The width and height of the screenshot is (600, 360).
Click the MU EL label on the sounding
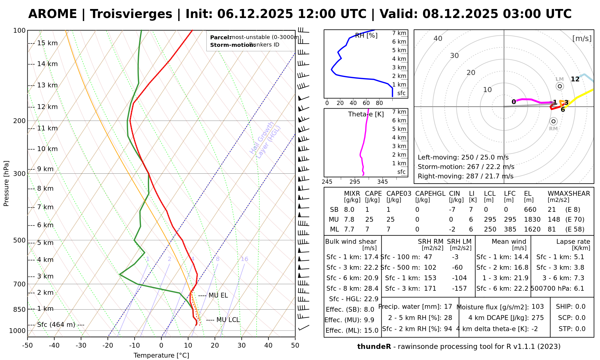(218, 295)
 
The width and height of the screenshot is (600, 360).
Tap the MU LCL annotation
(228, 320)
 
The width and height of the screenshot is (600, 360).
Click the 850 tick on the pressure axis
(19, 309)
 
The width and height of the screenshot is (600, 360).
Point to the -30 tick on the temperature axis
(81, 346)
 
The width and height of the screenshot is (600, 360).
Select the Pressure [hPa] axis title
(6, 183)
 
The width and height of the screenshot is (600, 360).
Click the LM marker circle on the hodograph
(559, 86)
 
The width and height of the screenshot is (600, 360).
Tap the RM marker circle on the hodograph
(553, 121)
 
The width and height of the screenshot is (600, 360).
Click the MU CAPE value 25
(369, 220)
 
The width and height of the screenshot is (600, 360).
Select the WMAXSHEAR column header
(569, 193)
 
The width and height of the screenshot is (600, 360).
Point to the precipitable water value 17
(448, 307)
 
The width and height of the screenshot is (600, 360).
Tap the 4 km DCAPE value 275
(538, 318)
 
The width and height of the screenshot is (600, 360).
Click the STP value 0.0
(580, 329)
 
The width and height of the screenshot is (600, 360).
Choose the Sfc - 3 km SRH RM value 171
(430, 289)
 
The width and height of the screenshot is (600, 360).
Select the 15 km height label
(47, 43)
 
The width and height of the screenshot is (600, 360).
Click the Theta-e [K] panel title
(366, 114)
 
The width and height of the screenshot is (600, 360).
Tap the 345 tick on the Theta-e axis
(382, 182)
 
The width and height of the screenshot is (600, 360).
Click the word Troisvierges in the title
(131, 14)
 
